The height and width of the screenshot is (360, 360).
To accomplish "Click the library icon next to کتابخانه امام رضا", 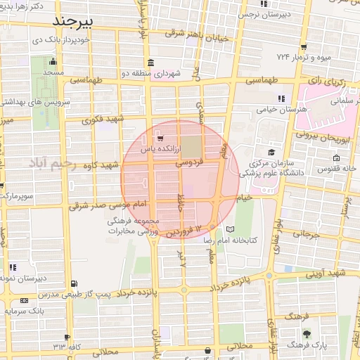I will (x=231, y=229).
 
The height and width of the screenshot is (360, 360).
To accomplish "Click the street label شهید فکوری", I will (x=103, y=120).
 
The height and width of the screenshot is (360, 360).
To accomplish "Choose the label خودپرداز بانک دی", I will (x=58, y=41).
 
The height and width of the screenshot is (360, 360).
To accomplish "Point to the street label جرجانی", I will (x=305, y=236).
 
